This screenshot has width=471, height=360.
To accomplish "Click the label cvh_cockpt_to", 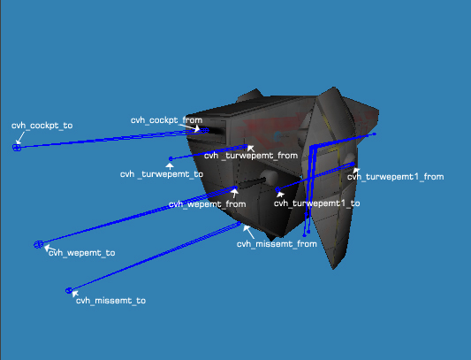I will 42,126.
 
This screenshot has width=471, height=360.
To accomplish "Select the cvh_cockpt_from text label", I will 166,119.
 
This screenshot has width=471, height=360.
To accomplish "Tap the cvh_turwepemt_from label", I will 250,156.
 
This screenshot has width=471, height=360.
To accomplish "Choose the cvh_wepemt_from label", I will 206,204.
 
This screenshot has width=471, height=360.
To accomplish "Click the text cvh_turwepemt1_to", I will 316,203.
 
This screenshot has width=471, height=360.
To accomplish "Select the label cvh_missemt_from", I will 276,243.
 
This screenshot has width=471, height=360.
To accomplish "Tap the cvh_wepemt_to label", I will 81,253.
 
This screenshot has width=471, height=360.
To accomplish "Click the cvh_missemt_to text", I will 110,301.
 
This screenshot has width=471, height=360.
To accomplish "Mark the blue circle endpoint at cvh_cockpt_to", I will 17,148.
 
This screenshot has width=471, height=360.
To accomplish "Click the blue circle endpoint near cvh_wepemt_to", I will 38,244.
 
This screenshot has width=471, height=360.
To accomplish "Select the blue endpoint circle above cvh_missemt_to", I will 68,290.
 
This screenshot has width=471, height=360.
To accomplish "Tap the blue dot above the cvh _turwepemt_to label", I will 171,159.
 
